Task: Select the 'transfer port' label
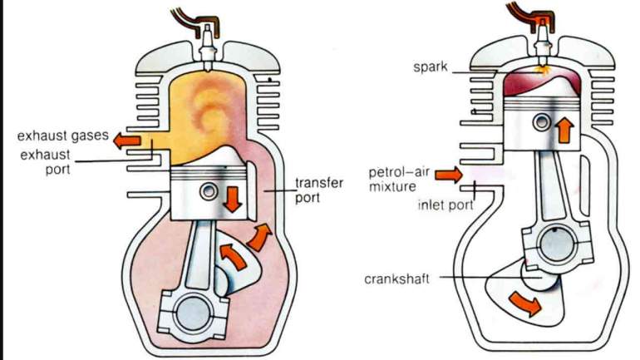(x=318, y=190)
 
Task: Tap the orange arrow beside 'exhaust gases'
(x=127, y=141)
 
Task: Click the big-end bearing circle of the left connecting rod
(x=192, y=313)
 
